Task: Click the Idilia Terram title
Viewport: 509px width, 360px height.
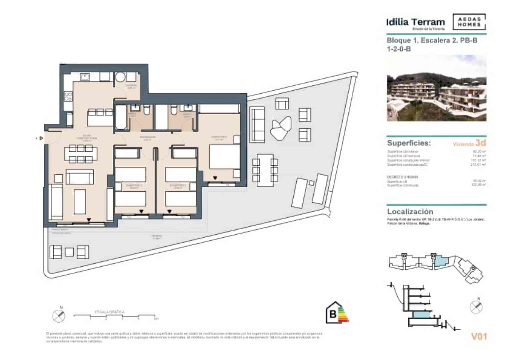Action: (416, 22)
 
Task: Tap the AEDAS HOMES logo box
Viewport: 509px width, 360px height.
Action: (469, 22)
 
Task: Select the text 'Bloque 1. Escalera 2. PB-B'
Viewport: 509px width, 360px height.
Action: (432, 40)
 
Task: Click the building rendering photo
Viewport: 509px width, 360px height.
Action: (436, 88)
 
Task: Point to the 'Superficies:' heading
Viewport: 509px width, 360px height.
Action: (409, 143)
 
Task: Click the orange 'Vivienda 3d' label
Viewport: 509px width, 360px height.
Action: (469, 143)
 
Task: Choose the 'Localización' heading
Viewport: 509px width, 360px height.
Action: (410, 212)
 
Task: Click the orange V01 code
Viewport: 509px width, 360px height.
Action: (479, 337)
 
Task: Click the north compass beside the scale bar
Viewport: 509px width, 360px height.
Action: (59, 315)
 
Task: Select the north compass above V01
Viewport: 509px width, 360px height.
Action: (476, 306)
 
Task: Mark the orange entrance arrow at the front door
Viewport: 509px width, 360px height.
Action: (41, 138)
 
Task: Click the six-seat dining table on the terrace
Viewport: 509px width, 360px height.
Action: (265, 170)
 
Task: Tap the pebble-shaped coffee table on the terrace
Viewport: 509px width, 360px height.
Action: (280, 129)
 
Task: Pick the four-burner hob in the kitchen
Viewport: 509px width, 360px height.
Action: (68, 96)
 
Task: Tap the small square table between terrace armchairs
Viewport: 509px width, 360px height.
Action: (69, 252)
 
